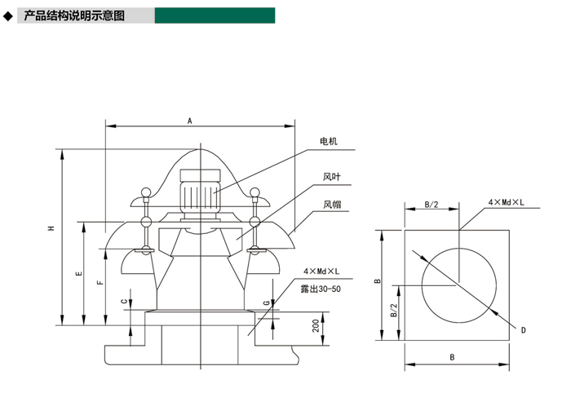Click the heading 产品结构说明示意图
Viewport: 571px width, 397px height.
click(74, 15)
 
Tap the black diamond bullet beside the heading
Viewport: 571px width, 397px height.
click(7, 16)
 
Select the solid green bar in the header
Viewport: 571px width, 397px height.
click(215, 15)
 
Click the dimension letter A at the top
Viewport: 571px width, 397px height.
click(190, 121)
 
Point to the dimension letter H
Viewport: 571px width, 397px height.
click(51, 228)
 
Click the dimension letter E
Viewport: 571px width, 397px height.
click(79, 273)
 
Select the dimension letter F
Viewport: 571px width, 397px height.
click(101, 282)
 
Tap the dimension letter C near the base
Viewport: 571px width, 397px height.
click(125, 302)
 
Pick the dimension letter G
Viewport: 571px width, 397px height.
click(267, 302)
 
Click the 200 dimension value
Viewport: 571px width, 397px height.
click(316, 325)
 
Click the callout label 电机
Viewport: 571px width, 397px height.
click(329, 141)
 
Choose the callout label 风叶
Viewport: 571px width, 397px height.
click(332, 177)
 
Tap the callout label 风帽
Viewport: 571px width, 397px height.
click(333, 205)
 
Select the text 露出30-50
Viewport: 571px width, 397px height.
click(321, 289)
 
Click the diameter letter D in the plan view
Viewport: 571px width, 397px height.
click(524, 330)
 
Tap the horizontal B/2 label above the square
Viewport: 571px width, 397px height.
click(432, 205)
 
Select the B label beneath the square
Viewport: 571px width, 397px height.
click(452, 357)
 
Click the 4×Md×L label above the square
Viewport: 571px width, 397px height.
click(507, 202)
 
